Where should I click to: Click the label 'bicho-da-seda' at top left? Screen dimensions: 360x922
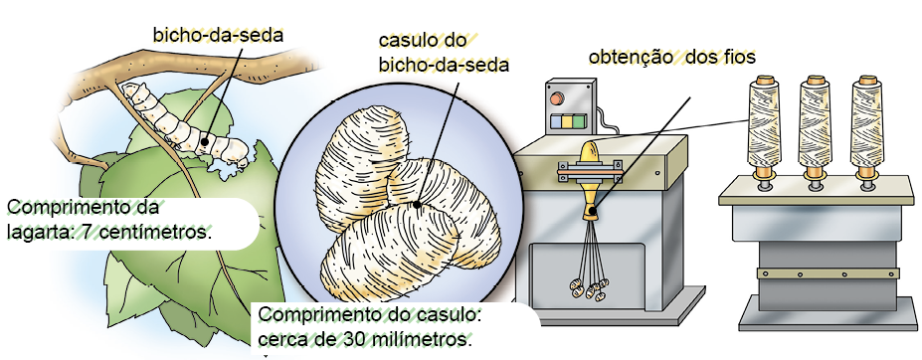tap(218, 35)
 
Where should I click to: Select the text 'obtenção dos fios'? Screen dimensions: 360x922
tap(672, 58)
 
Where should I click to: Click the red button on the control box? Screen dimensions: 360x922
tap(556, 98)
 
